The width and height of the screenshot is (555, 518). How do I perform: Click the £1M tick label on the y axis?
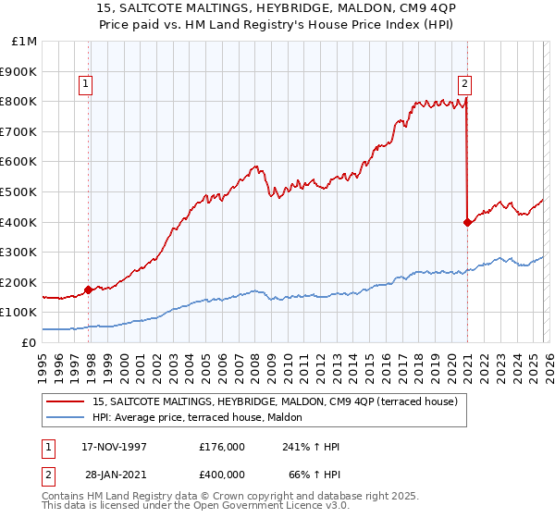point(25,41)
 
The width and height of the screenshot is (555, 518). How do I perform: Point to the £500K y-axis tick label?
point(20,191)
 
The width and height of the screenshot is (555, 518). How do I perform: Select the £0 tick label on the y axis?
point(30,342)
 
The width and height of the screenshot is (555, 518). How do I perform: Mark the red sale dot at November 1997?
point(89,290)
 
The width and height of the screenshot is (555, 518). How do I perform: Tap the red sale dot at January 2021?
point(467,222)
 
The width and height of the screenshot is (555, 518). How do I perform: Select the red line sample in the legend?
point(65,401)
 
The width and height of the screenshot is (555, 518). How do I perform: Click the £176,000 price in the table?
point(222,447)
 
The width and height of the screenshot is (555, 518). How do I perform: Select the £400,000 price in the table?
point(222,475)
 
